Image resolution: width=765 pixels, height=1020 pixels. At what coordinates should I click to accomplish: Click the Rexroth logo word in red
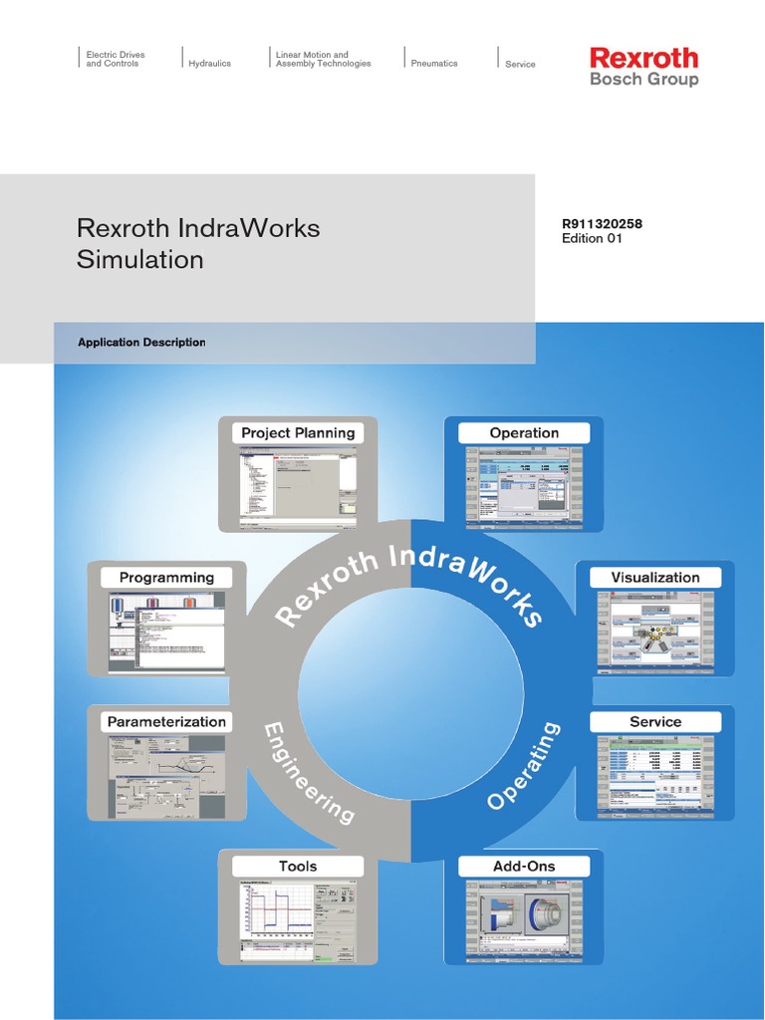tap(643, 57)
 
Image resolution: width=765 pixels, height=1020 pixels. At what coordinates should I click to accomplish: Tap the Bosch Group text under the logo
tap(643, 80)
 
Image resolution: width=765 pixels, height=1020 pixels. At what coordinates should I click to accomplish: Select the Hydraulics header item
tap(209, 63)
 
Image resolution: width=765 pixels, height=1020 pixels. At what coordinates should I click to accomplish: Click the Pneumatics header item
tap(434, 63)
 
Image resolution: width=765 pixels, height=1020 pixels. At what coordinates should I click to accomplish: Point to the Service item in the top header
tap(520, 64)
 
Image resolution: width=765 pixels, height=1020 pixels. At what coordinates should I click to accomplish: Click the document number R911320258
tap(602, 224)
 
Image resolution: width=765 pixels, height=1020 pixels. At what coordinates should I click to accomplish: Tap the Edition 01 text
tap(592, 239)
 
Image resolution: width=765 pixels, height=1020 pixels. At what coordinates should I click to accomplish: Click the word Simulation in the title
tap(139, 260)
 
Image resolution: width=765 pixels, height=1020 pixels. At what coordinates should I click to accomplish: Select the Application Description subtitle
tap(141, 343)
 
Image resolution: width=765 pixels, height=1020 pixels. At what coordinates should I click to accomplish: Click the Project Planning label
tap(298, 432)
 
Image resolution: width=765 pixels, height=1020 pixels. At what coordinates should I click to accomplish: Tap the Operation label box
tap(524, 432)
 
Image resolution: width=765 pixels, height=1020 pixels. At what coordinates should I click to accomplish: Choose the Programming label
tap(166, 577)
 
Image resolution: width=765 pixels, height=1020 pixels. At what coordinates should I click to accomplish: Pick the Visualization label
tap(655, 577)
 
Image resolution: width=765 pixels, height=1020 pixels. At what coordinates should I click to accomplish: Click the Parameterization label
tap(166, 721)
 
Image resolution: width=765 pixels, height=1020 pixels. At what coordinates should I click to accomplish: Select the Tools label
tap(298, 866)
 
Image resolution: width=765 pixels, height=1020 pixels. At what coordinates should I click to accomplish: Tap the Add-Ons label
tap(524, 866)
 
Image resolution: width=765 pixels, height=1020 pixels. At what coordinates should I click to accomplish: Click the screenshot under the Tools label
tap(298, 921)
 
